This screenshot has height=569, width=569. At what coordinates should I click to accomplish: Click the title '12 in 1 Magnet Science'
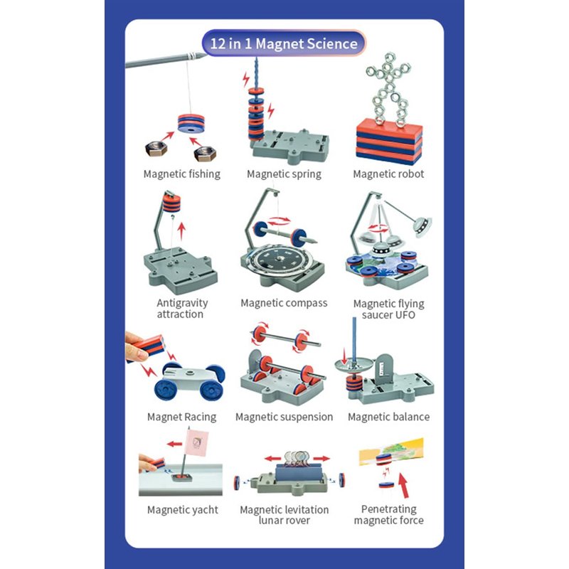click(284, 43)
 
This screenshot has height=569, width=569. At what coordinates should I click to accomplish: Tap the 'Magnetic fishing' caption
click(182, 174)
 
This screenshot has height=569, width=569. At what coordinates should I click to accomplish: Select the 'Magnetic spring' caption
click(284, 174)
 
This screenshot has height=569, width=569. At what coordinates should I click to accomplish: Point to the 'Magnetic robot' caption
click(388, 174)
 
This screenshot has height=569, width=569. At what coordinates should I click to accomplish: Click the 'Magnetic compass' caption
click(284, 303)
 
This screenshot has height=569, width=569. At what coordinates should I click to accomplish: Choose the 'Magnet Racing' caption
click(182, 417)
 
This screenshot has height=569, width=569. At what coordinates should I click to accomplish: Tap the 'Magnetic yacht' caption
click(183, 510)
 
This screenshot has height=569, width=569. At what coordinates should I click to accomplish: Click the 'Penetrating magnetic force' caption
click(388, 514)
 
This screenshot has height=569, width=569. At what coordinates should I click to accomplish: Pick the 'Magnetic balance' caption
click(388, 417)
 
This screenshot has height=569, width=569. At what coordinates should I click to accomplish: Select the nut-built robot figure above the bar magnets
click(389, 88)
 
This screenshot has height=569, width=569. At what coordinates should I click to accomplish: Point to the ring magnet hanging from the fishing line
click(191, 123)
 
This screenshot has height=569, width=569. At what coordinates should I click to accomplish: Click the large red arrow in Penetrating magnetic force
click(403, 485)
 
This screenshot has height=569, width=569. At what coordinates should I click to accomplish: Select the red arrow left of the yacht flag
click(174, 443)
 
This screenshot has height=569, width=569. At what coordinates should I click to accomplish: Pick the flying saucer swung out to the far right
click(422, 225)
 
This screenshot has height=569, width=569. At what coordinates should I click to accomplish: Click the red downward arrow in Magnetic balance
click(344, 356)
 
